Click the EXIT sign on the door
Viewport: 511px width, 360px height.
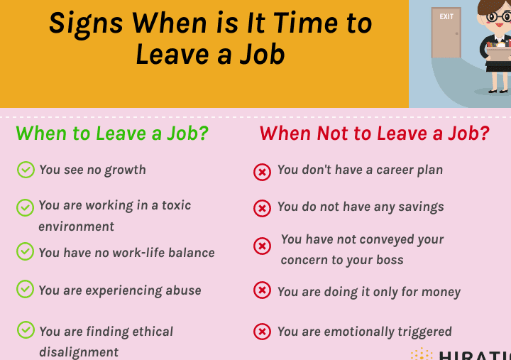(x=446, y=16)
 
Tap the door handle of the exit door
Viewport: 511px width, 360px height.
(x=456, y=33)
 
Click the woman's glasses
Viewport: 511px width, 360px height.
(x=498, y=16)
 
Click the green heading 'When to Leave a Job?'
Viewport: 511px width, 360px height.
(x=112, y=133)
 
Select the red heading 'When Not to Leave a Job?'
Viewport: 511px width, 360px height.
(x=375, y=133)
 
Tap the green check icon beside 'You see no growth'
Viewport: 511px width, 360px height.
(x=26, y=170)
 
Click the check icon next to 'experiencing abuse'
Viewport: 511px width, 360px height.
(x=25, y=289)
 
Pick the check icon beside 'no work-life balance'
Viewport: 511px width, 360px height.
(x=25, y=251)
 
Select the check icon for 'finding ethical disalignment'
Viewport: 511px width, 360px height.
(x=26, y=329)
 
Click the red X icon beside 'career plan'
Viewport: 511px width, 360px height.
(x=262, y=172)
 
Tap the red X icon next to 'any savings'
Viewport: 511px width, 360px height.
(x=262, y=208)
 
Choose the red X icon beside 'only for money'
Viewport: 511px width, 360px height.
(x=262, y=290)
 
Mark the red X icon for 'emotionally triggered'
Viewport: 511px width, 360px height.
(x=262, y=332)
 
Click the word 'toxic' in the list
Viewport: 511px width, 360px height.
(x=176, y=205)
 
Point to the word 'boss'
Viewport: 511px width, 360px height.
(x=390, y=260)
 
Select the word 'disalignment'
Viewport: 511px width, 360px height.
(x=79, y=352)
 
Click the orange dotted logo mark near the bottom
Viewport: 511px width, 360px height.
(x=422, y=354)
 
